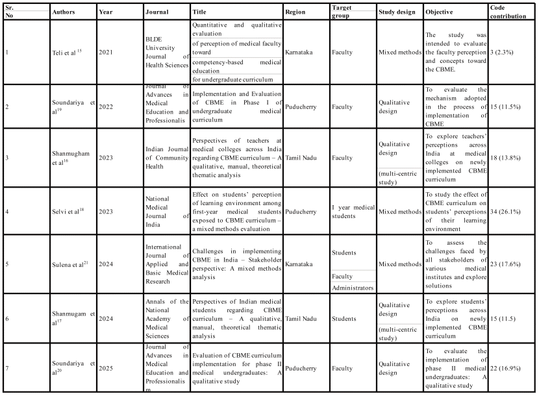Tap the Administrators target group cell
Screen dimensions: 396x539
pos(353,287)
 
